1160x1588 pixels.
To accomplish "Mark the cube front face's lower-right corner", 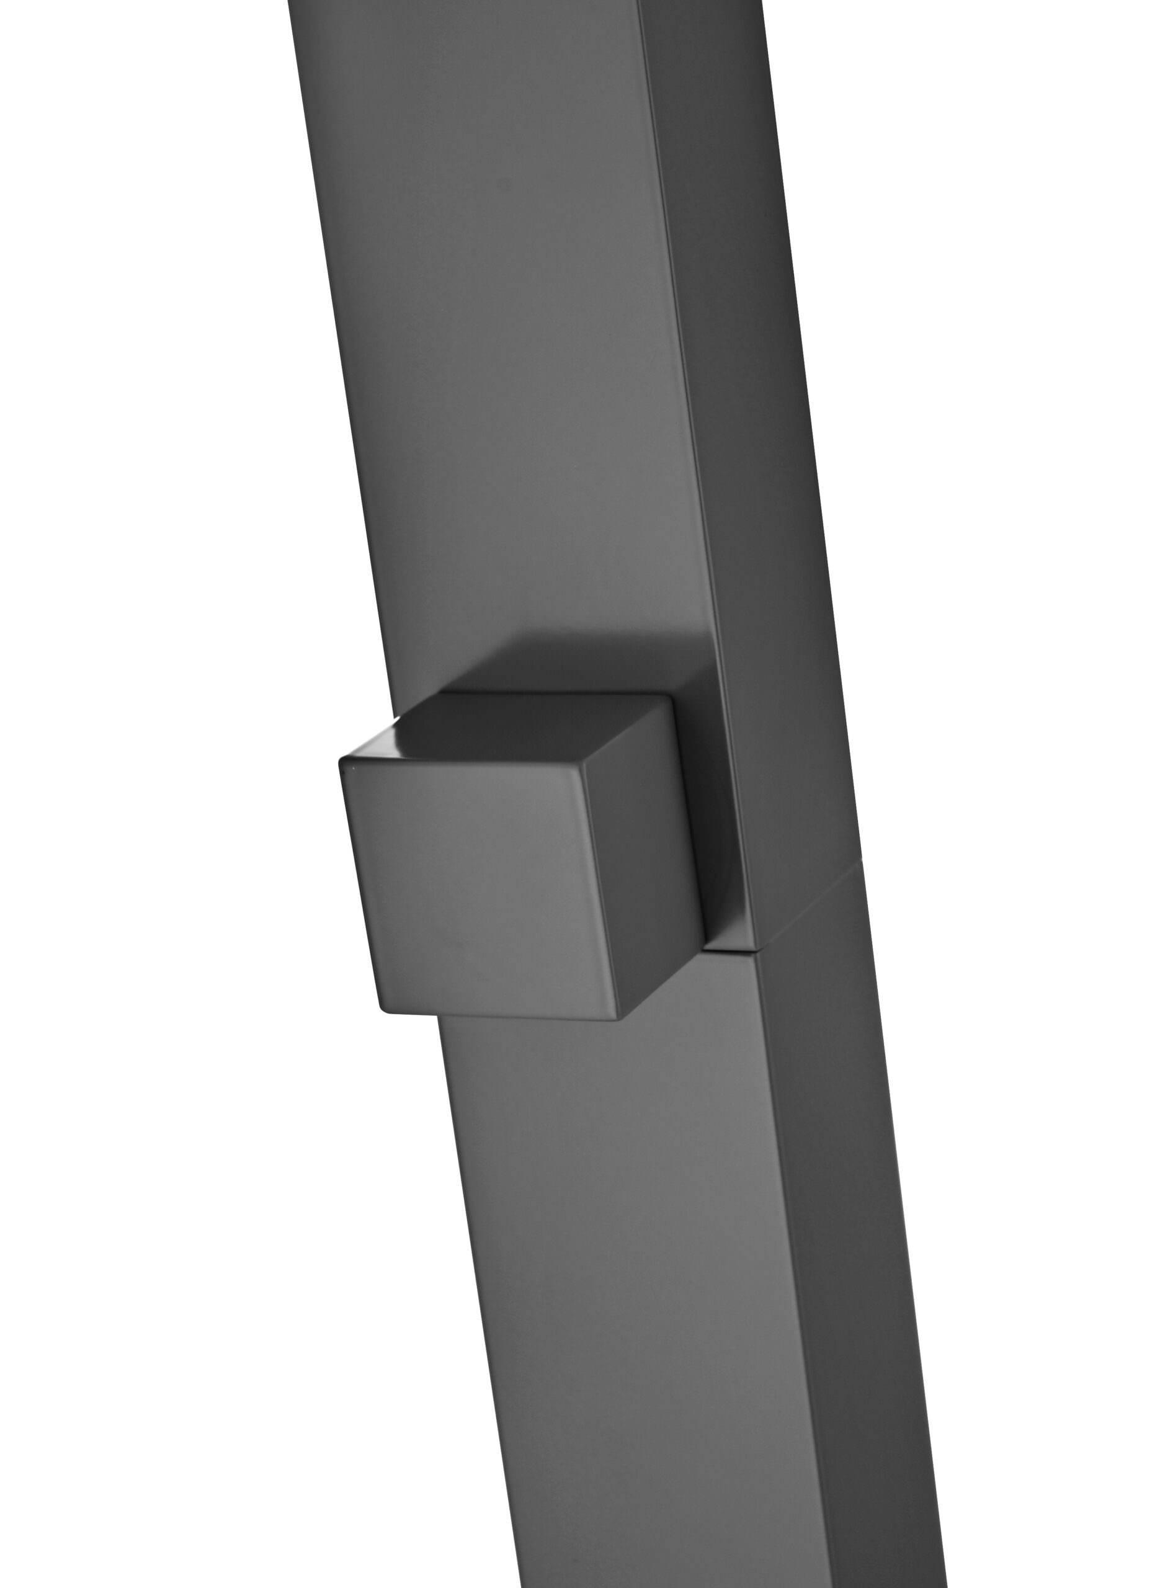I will (622, 1017).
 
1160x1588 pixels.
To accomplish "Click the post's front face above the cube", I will (506, 351).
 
